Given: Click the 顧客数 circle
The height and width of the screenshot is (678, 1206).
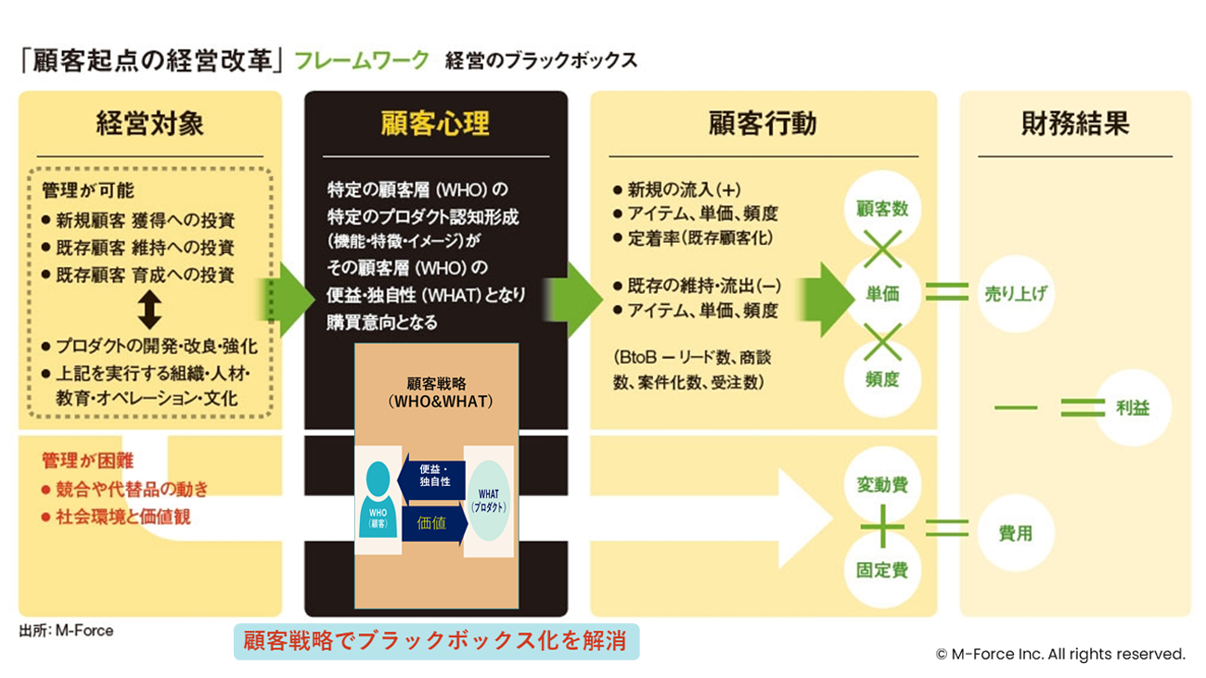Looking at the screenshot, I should coord(881,209).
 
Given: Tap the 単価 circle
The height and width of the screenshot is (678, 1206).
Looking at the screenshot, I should coord(881,293).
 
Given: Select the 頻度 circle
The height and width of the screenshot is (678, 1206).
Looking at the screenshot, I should coord(881,378).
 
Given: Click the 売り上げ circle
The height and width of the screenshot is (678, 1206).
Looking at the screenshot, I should coord(1015,293).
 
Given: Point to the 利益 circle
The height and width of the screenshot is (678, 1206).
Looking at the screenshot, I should coord(1133,408).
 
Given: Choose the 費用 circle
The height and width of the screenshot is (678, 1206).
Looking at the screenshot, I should coord(1015,533).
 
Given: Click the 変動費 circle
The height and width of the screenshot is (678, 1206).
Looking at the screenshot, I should coord(881,485).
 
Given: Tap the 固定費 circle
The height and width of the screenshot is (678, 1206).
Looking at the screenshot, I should coord(881,569).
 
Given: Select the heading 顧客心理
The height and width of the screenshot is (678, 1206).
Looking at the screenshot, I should coord(435,123).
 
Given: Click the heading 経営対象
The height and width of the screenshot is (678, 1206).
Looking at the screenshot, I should coord(149,123).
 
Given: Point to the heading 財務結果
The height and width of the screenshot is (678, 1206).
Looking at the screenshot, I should coord(1075,123).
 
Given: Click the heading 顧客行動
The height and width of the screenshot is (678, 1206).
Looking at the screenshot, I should coord(763,123).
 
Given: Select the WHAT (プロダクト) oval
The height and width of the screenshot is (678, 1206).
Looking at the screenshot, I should coord(489,506).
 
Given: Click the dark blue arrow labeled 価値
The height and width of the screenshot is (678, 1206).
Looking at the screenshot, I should coord(433,523).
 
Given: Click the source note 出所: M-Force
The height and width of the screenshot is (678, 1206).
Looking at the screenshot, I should coord(66,631).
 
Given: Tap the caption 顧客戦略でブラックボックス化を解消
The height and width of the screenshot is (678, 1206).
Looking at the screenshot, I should coord(435,641).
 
